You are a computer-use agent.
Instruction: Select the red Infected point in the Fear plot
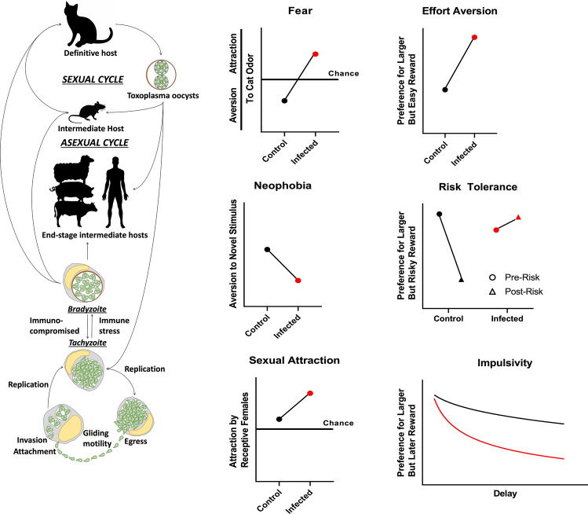[315, 54]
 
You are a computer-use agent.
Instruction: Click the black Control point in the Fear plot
[284, 101]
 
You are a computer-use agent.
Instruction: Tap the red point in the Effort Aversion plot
[474, 37]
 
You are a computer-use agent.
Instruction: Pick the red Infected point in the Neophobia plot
[298, 280]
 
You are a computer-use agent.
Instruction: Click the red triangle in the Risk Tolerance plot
[519, 217]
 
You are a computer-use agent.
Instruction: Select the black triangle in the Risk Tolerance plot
[462, 279]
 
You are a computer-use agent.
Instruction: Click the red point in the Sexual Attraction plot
[310, 393]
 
